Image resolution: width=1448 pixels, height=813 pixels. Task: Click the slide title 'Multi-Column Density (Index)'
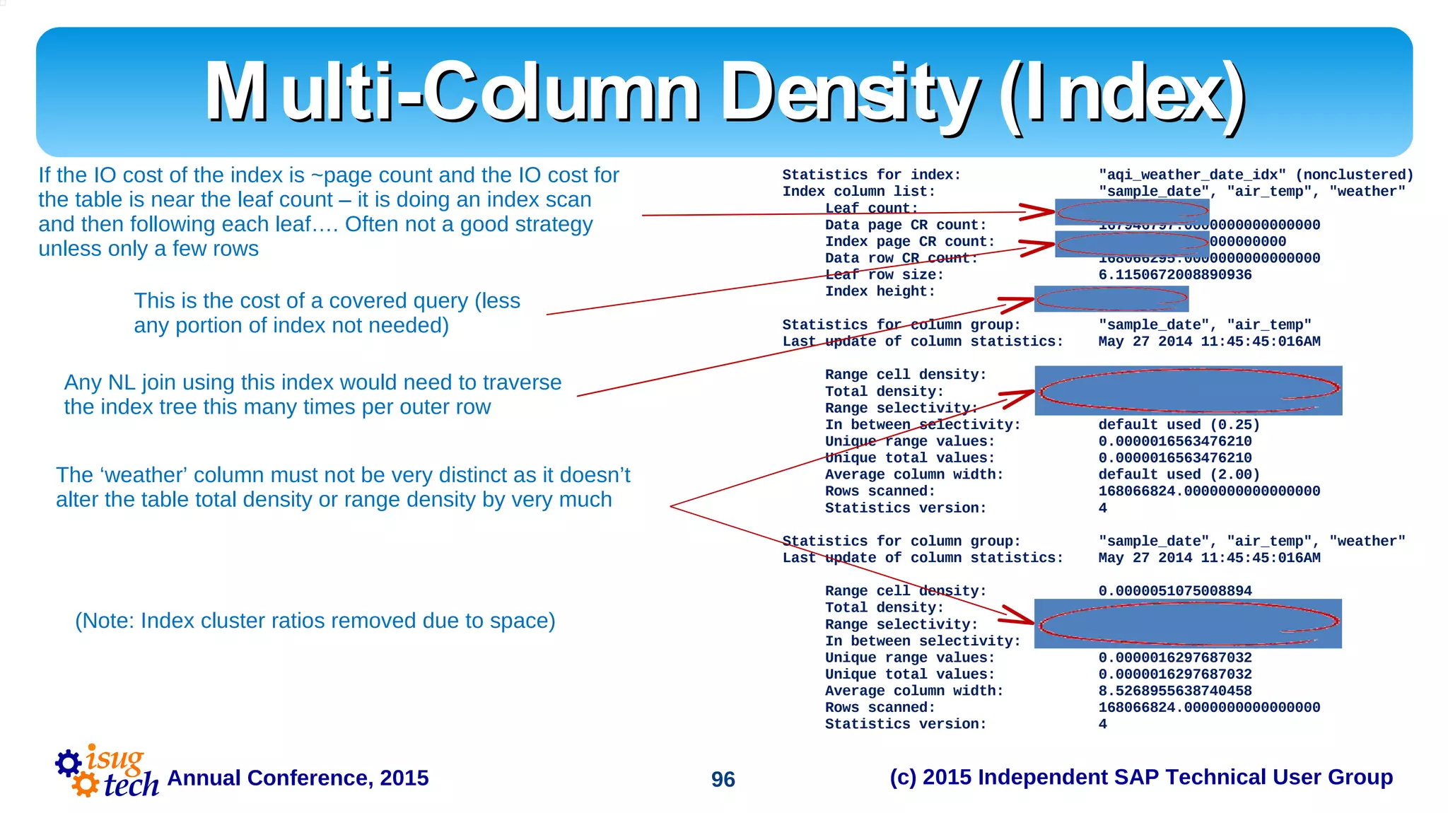click(725, 93)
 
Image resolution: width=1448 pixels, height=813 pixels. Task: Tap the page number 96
click(723, 779)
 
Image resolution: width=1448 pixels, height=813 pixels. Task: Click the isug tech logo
click(107, 772)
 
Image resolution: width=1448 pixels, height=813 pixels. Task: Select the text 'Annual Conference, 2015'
click(298, 778)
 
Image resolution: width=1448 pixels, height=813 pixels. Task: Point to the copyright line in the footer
click(1140, 777)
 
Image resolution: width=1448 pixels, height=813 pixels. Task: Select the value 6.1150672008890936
click(1174, 275)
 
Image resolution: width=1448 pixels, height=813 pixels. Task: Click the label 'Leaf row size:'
click(884, 275)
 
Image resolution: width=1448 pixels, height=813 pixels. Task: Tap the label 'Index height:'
click(880, 291)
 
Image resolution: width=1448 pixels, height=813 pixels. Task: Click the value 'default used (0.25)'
click(1179, 425)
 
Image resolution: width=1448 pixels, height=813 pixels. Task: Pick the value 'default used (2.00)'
click(1179, 474)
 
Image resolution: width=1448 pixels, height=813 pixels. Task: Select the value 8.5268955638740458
click(1174, 691)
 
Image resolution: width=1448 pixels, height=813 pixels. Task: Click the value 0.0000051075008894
click(1174, 591)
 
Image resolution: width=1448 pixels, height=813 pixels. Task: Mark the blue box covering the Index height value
click(1111, 299)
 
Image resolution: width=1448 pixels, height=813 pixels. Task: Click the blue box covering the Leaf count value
click(1131, 211)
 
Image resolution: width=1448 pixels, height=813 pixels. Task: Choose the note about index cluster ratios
click(315, 621)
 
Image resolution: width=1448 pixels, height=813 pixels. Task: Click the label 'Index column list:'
click(858, 192)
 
